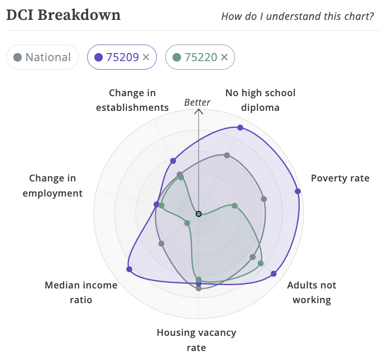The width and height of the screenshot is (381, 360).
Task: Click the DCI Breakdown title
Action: pos(63,15)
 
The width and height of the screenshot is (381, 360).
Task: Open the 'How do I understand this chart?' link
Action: pos(298,17)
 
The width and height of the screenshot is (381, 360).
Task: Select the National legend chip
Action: pos(42,57)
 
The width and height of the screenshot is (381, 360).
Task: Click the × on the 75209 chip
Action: pos(146,57)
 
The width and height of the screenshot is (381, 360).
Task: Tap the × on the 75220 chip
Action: pos(225,57)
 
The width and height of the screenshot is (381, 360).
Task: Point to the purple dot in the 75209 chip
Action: pos(99,57)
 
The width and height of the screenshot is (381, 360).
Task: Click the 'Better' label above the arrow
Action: pos(197,102)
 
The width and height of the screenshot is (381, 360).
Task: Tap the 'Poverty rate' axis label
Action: pos(340,178)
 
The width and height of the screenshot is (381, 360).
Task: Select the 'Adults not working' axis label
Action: pos(311,292)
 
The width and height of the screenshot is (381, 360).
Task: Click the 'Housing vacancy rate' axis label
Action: pos(196,340)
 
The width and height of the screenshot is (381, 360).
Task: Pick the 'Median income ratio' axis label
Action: pos(81,292)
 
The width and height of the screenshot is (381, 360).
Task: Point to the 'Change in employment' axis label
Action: pos(53,186)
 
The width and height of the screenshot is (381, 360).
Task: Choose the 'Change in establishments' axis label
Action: pos(132,100)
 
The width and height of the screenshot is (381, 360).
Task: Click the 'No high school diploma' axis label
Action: pos(260,100)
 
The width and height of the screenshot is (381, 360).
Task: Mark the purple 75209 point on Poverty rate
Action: pos(298,191)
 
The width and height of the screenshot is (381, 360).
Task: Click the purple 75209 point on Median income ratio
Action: pos(129,269)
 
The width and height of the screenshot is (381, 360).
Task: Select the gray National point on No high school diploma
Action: pos(227,155)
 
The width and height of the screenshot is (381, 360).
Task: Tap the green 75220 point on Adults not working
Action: pos(260,263)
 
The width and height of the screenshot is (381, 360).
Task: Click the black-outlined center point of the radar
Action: pos(199,214)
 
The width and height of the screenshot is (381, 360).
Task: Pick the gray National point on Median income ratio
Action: pos(162,244)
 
